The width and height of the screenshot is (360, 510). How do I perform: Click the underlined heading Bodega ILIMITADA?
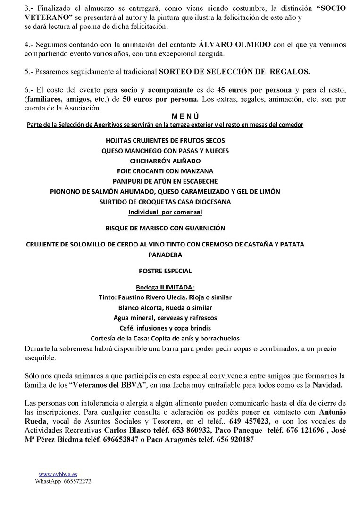pyautogui.click(x=165, y=287)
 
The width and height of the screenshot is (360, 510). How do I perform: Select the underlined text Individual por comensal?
pyautogui.click(x=165, y=212)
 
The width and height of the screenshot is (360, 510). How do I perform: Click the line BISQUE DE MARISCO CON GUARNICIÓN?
pyautogui.click(x=165, y=228)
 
